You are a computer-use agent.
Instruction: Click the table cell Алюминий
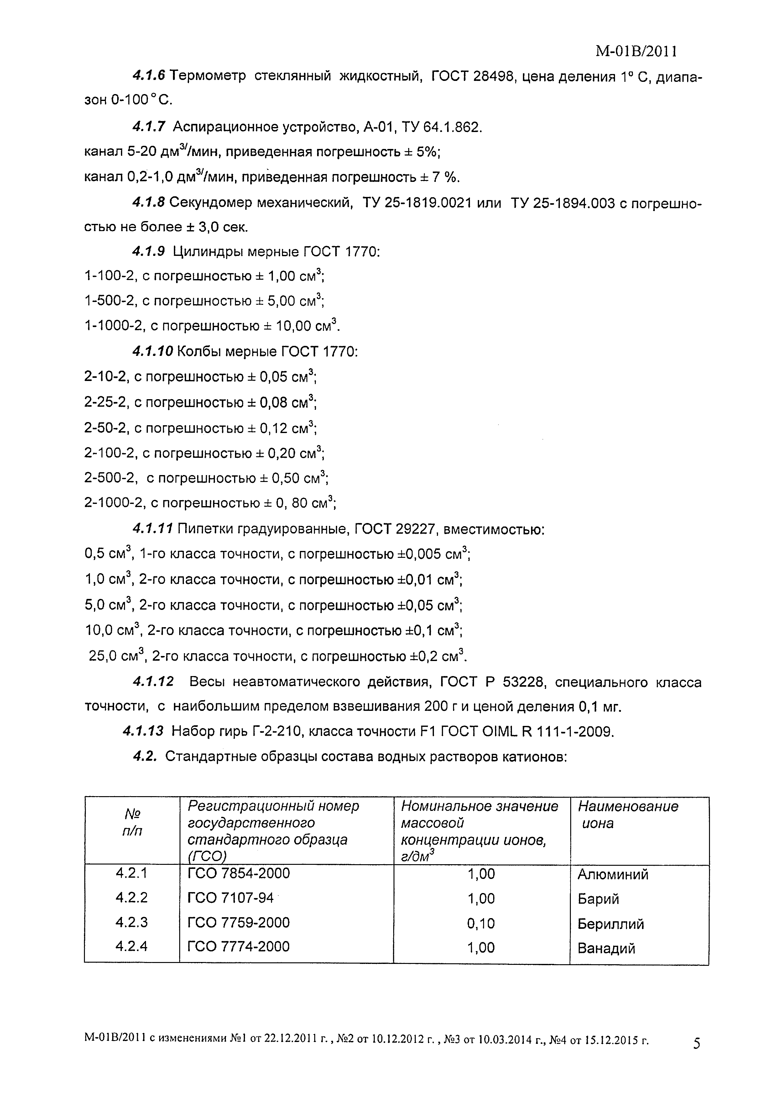coord(613,874)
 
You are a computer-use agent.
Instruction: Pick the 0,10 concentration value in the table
coord(481,923)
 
